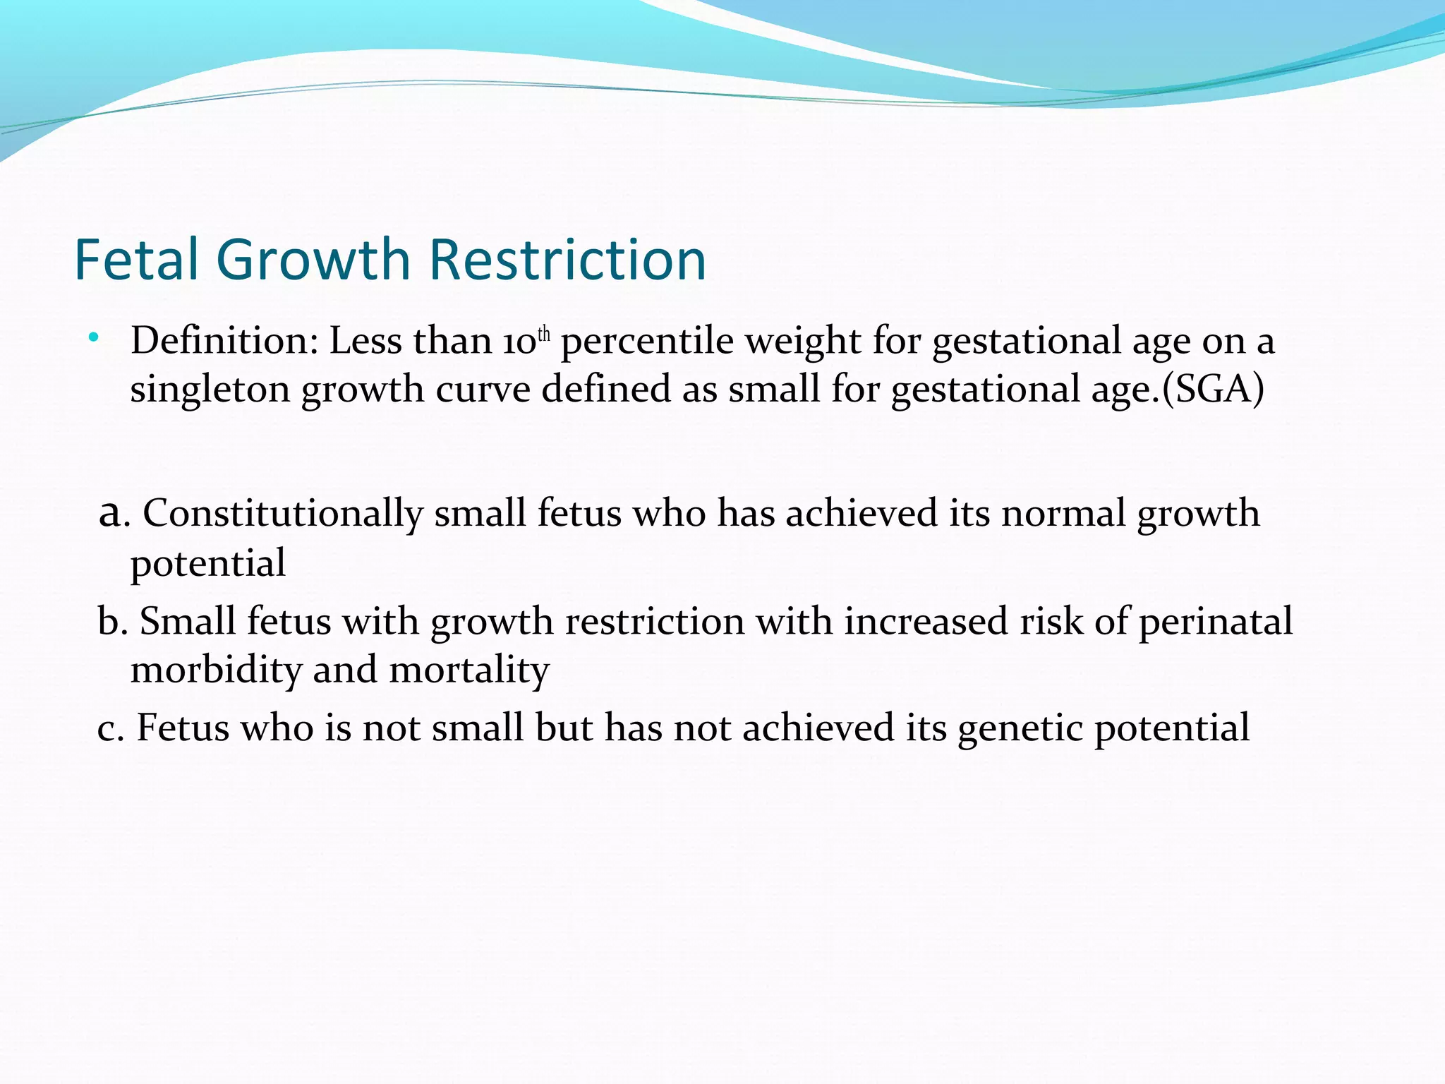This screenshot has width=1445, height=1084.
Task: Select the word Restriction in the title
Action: (x=567, y=260)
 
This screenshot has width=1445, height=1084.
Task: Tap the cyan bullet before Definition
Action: (x=94, y=338)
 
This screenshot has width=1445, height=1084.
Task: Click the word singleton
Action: (x=210, y=390)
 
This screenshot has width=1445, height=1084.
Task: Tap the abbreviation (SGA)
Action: (x=1213, y=389)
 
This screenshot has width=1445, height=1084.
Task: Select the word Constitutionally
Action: (x=282, y=514)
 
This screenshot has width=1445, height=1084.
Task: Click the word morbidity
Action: (x=216, y=670)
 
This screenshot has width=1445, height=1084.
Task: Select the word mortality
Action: (x=468, y=670)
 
